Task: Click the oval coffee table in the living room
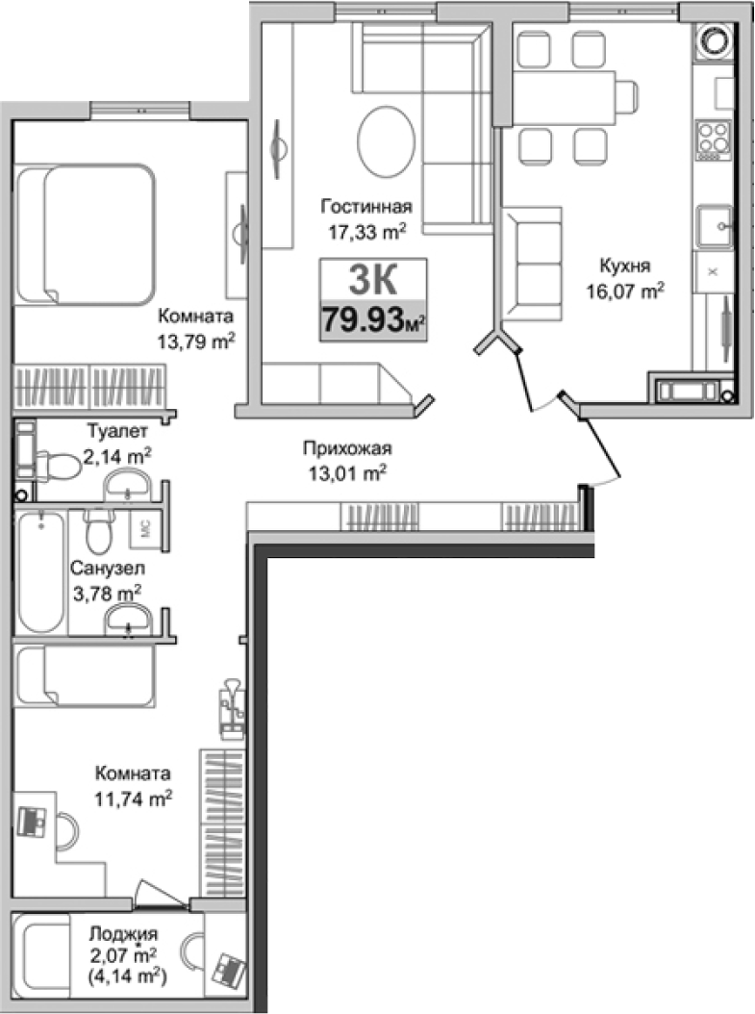click(x=388, y=139)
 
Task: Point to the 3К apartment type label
click(x=371, y=280)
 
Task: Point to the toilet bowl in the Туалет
click(x=60, y=467)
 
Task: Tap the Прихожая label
click(x=347, y=447)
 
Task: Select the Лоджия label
click(x=122, y=932)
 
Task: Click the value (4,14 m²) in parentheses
click(x=122, y=976)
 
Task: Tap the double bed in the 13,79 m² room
click(x=86, y=231)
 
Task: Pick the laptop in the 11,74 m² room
click(x=33, y=820)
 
